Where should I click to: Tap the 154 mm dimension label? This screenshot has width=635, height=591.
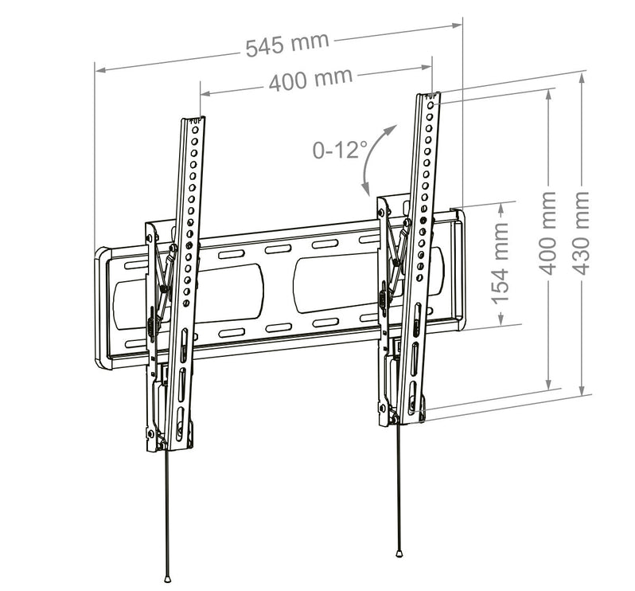(500, 263)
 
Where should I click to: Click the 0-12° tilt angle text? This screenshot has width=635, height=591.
(339, 150)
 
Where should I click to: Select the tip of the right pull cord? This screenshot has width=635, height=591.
(399, 554)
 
